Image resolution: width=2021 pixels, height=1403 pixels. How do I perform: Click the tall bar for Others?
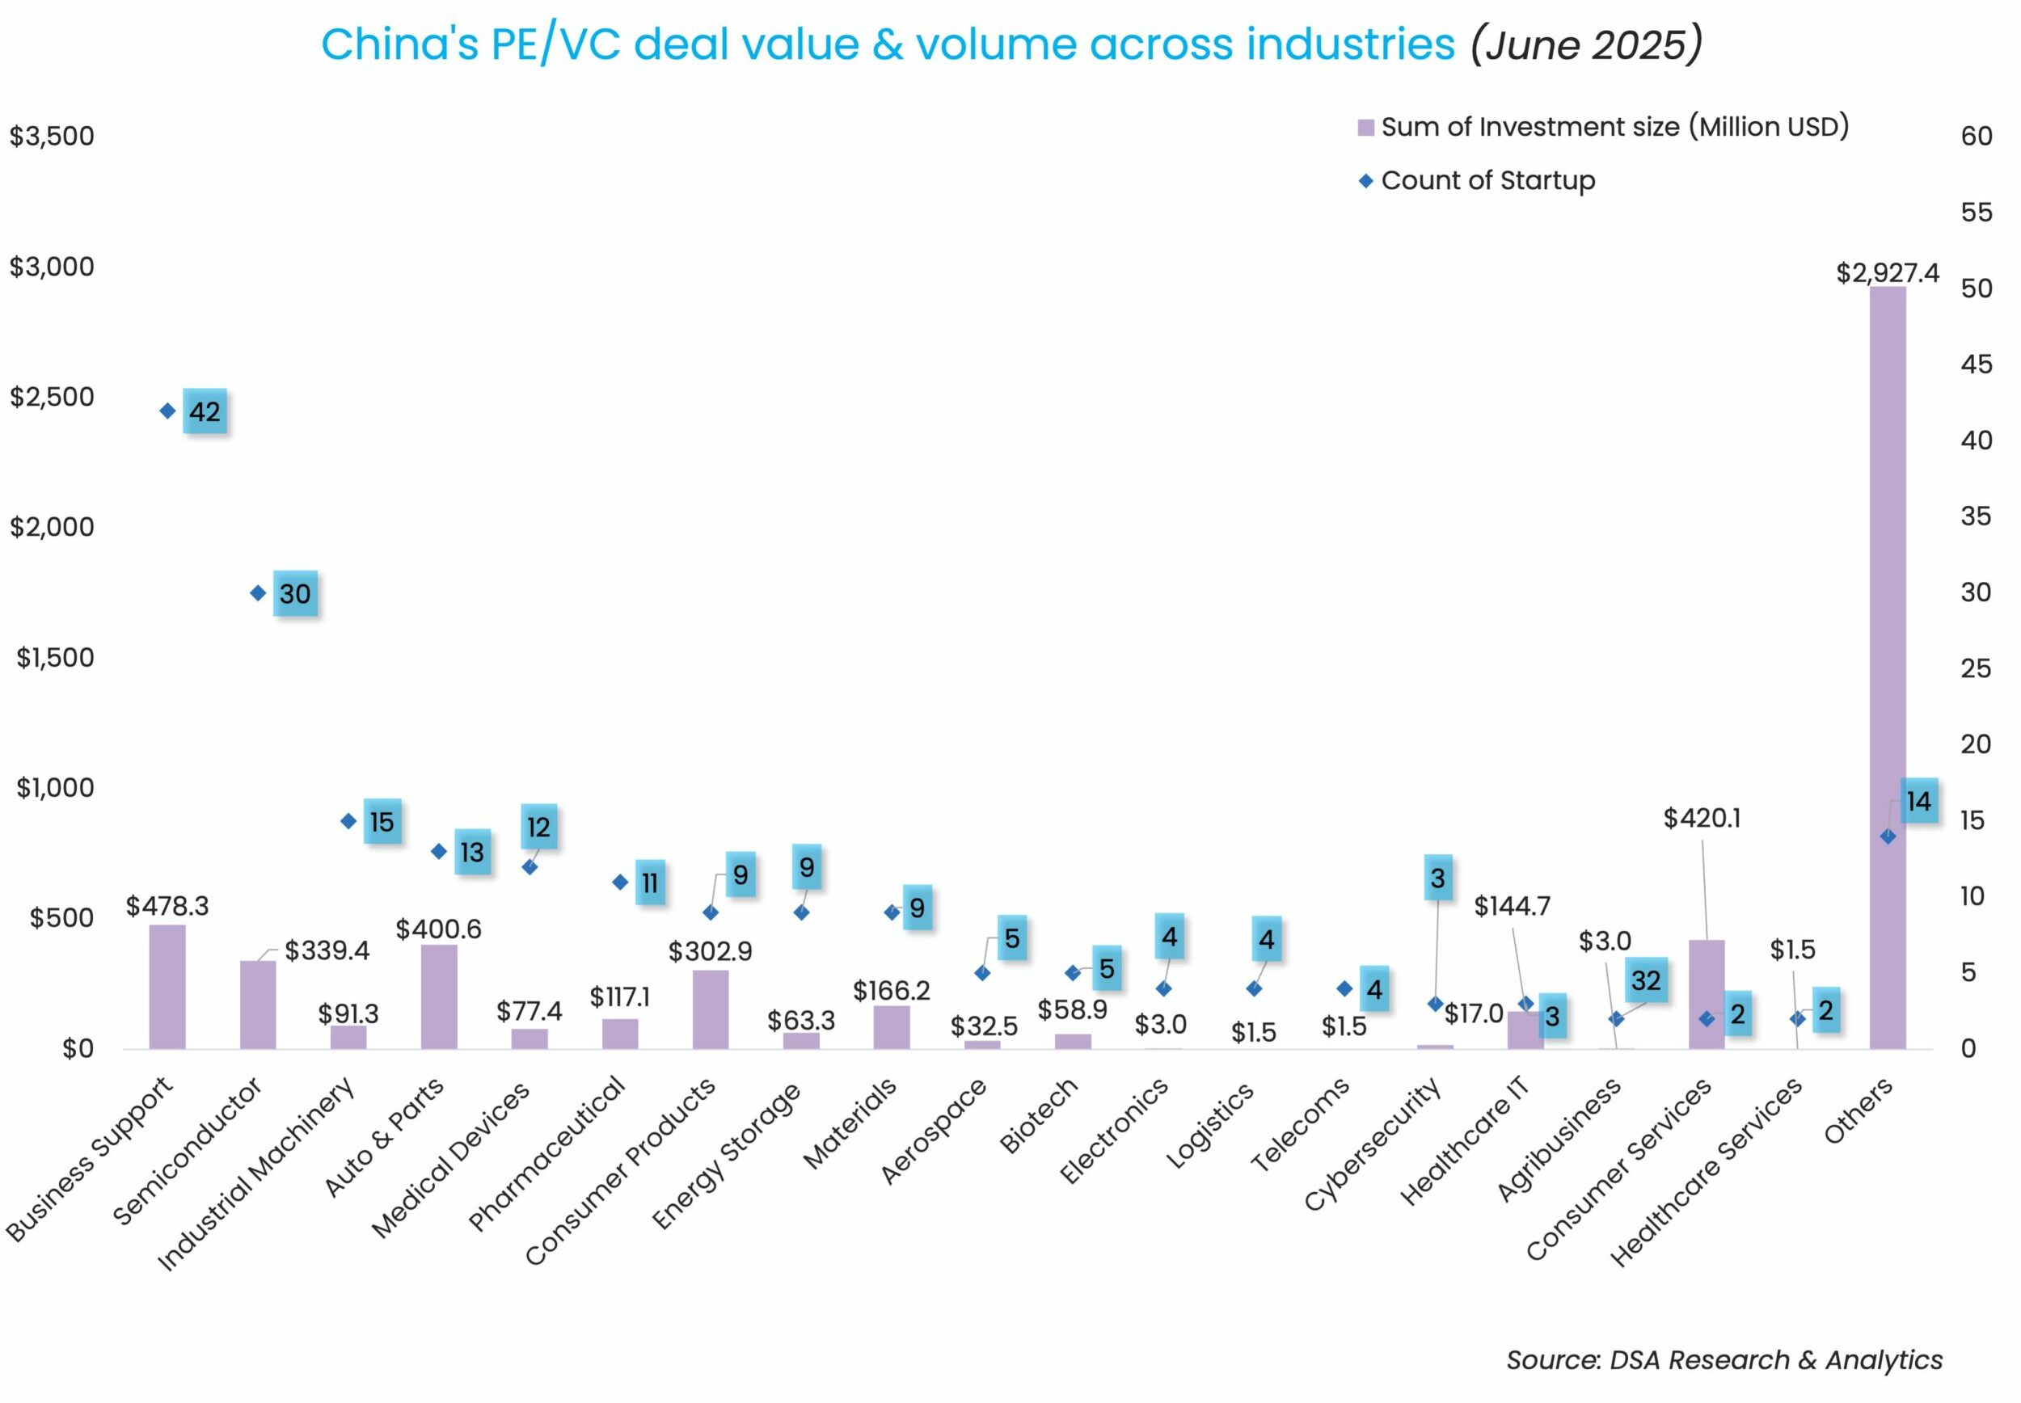point(1887,668)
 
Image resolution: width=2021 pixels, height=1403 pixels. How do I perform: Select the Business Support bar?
point(167,986)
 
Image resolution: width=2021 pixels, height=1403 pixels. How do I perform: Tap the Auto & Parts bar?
point(439,996)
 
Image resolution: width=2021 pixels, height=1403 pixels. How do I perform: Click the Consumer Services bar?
point(1707,994)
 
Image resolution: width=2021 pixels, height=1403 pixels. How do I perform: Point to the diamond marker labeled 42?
point(167,411)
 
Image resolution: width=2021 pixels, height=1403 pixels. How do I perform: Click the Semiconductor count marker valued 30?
point(258,593)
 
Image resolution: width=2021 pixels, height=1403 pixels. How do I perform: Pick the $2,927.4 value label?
point(1887,273)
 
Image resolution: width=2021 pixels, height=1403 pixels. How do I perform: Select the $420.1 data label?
point(1701,819)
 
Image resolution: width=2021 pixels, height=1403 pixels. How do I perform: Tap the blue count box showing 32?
point(1646,980)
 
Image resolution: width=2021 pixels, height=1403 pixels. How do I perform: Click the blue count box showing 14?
point(1918,801)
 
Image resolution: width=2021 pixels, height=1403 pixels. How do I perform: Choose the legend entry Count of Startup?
point(1487,181)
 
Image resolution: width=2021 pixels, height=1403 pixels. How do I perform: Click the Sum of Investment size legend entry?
point(1613,128)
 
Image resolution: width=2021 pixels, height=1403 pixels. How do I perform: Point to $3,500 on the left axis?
point(52,137)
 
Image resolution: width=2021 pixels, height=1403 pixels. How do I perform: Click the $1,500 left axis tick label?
point(54,658)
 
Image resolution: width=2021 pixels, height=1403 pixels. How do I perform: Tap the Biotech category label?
point(1040,1115)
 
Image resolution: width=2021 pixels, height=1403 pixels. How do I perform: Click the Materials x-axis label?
point(850,1123)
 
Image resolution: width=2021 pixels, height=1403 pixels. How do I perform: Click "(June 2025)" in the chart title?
point(1587,44)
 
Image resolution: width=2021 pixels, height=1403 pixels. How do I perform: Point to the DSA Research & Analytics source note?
point(1724,1360)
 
